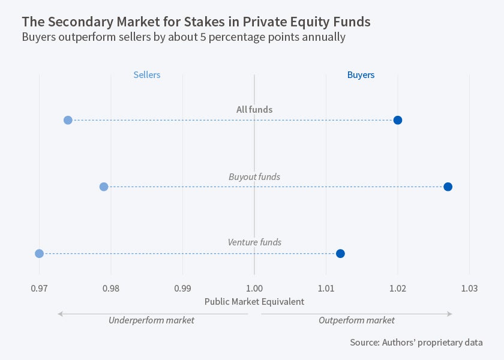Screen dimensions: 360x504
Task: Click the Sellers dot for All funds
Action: [x=68, y=120]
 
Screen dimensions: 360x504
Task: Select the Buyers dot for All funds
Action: [x=397, y=120]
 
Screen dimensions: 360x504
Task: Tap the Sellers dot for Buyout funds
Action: [x=104, y=187]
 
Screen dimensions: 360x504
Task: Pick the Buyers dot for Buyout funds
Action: [x=448, y=187]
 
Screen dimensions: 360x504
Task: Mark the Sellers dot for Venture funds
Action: [x=40, y=253]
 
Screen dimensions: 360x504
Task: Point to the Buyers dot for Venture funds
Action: [x=340, y=253]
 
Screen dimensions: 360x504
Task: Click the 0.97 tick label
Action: [x=40, y=288]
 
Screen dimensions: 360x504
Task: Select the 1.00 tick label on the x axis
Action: [x=254, y=288]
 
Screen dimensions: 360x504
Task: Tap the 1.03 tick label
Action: [x=469, y=288]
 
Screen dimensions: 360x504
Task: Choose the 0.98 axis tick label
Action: [x=111, y=288]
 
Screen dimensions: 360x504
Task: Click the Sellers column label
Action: [x=147, y=75]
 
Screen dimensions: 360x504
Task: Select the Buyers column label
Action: [x=361, y=75]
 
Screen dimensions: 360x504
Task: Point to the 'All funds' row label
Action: [x=254, y=110]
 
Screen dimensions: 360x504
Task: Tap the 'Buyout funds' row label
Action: [x=254, y=177]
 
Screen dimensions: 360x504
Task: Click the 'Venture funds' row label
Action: [x=254, y=242]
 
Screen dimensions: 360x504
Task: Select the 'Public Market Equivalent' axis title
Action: [x=254, y=302]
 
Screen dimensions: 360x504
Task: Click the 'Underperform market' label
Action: [x=151, y=320]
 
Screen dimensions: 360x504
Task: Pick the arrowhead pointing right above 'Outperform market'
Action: [x=449, y=313]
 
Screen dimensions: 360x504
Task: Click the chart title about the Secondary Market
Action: [x=196, y=22]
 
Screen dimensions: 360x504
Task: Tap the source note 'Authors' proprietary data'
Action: [x=416, y=343]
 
